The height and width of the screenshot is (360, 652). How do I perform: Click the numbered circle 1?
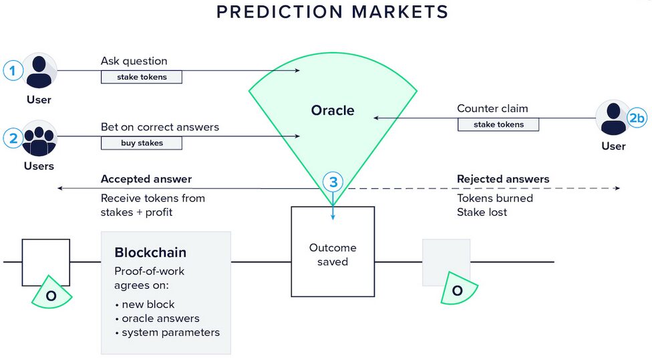[x=13, y=71]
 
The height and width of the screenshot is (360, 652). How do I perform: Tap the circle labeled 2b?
[x=637, y=118]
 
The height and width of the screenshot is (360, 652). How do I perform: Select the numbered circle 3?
[x=333, y=182]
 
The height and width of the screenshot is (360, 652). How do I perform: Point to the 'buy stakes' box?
[x=142, y=143]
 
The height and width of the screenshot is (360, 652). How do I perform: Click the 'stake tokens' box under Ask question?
[x=142, y=77]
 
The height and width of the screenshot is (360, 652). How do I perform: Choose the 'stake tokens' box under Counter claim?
[x=498, y=124]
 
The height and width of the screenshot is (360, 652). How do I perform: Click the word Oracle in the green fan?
[x=333, y=110]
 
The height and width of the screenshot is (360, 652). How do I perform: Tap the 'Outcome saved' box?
[x=333, y=252]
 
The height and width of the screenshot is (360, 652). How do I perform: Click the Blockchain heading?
[x=150, y=252]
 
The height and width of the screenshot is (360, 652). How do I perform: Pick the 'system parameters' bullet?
[x=168, y=333]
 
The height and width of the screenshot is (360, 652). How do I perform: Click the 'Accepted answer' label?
[x=146, y=179]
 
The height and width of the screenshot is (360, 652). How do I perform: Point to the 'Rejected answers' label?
[x=503, y=179]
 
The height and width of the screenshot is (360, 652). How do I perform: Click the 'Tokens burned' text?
[x=495, y=198]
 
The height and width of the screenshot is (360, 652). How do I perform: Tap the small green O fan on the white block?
[x=51, y=293]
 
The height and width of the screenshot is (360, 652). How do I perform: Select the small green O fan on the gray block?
[x=458, y=289]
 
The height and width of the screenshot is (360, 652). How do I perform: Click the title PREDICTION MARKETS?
[x=332, y=11]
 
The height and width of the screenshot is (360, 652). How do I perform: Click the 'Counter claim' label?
[x=492, y=108]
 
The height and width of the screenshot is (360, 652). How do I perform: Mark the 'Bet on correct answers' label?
[x=160, y=127]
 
